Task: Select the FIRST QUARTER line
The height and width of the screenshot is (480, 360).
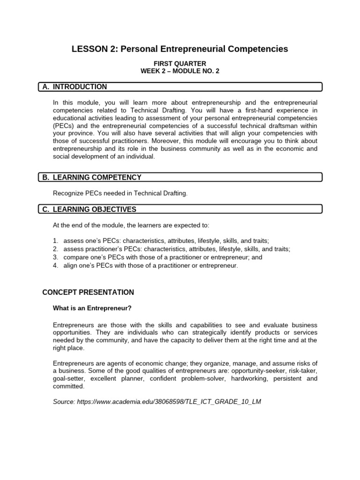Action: pos(180,64)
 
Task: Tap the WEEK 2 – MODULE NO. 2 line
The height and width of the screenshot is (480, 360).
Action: pos(180,71)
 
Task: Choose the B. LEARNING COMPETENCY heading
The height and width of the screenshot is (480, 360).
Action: pos(91,177)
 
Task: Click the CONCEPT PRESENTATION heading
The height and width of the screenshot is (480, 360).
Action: pos(88,292)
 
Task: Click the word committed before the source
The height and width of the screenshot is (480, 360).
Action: pos(68,386)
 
